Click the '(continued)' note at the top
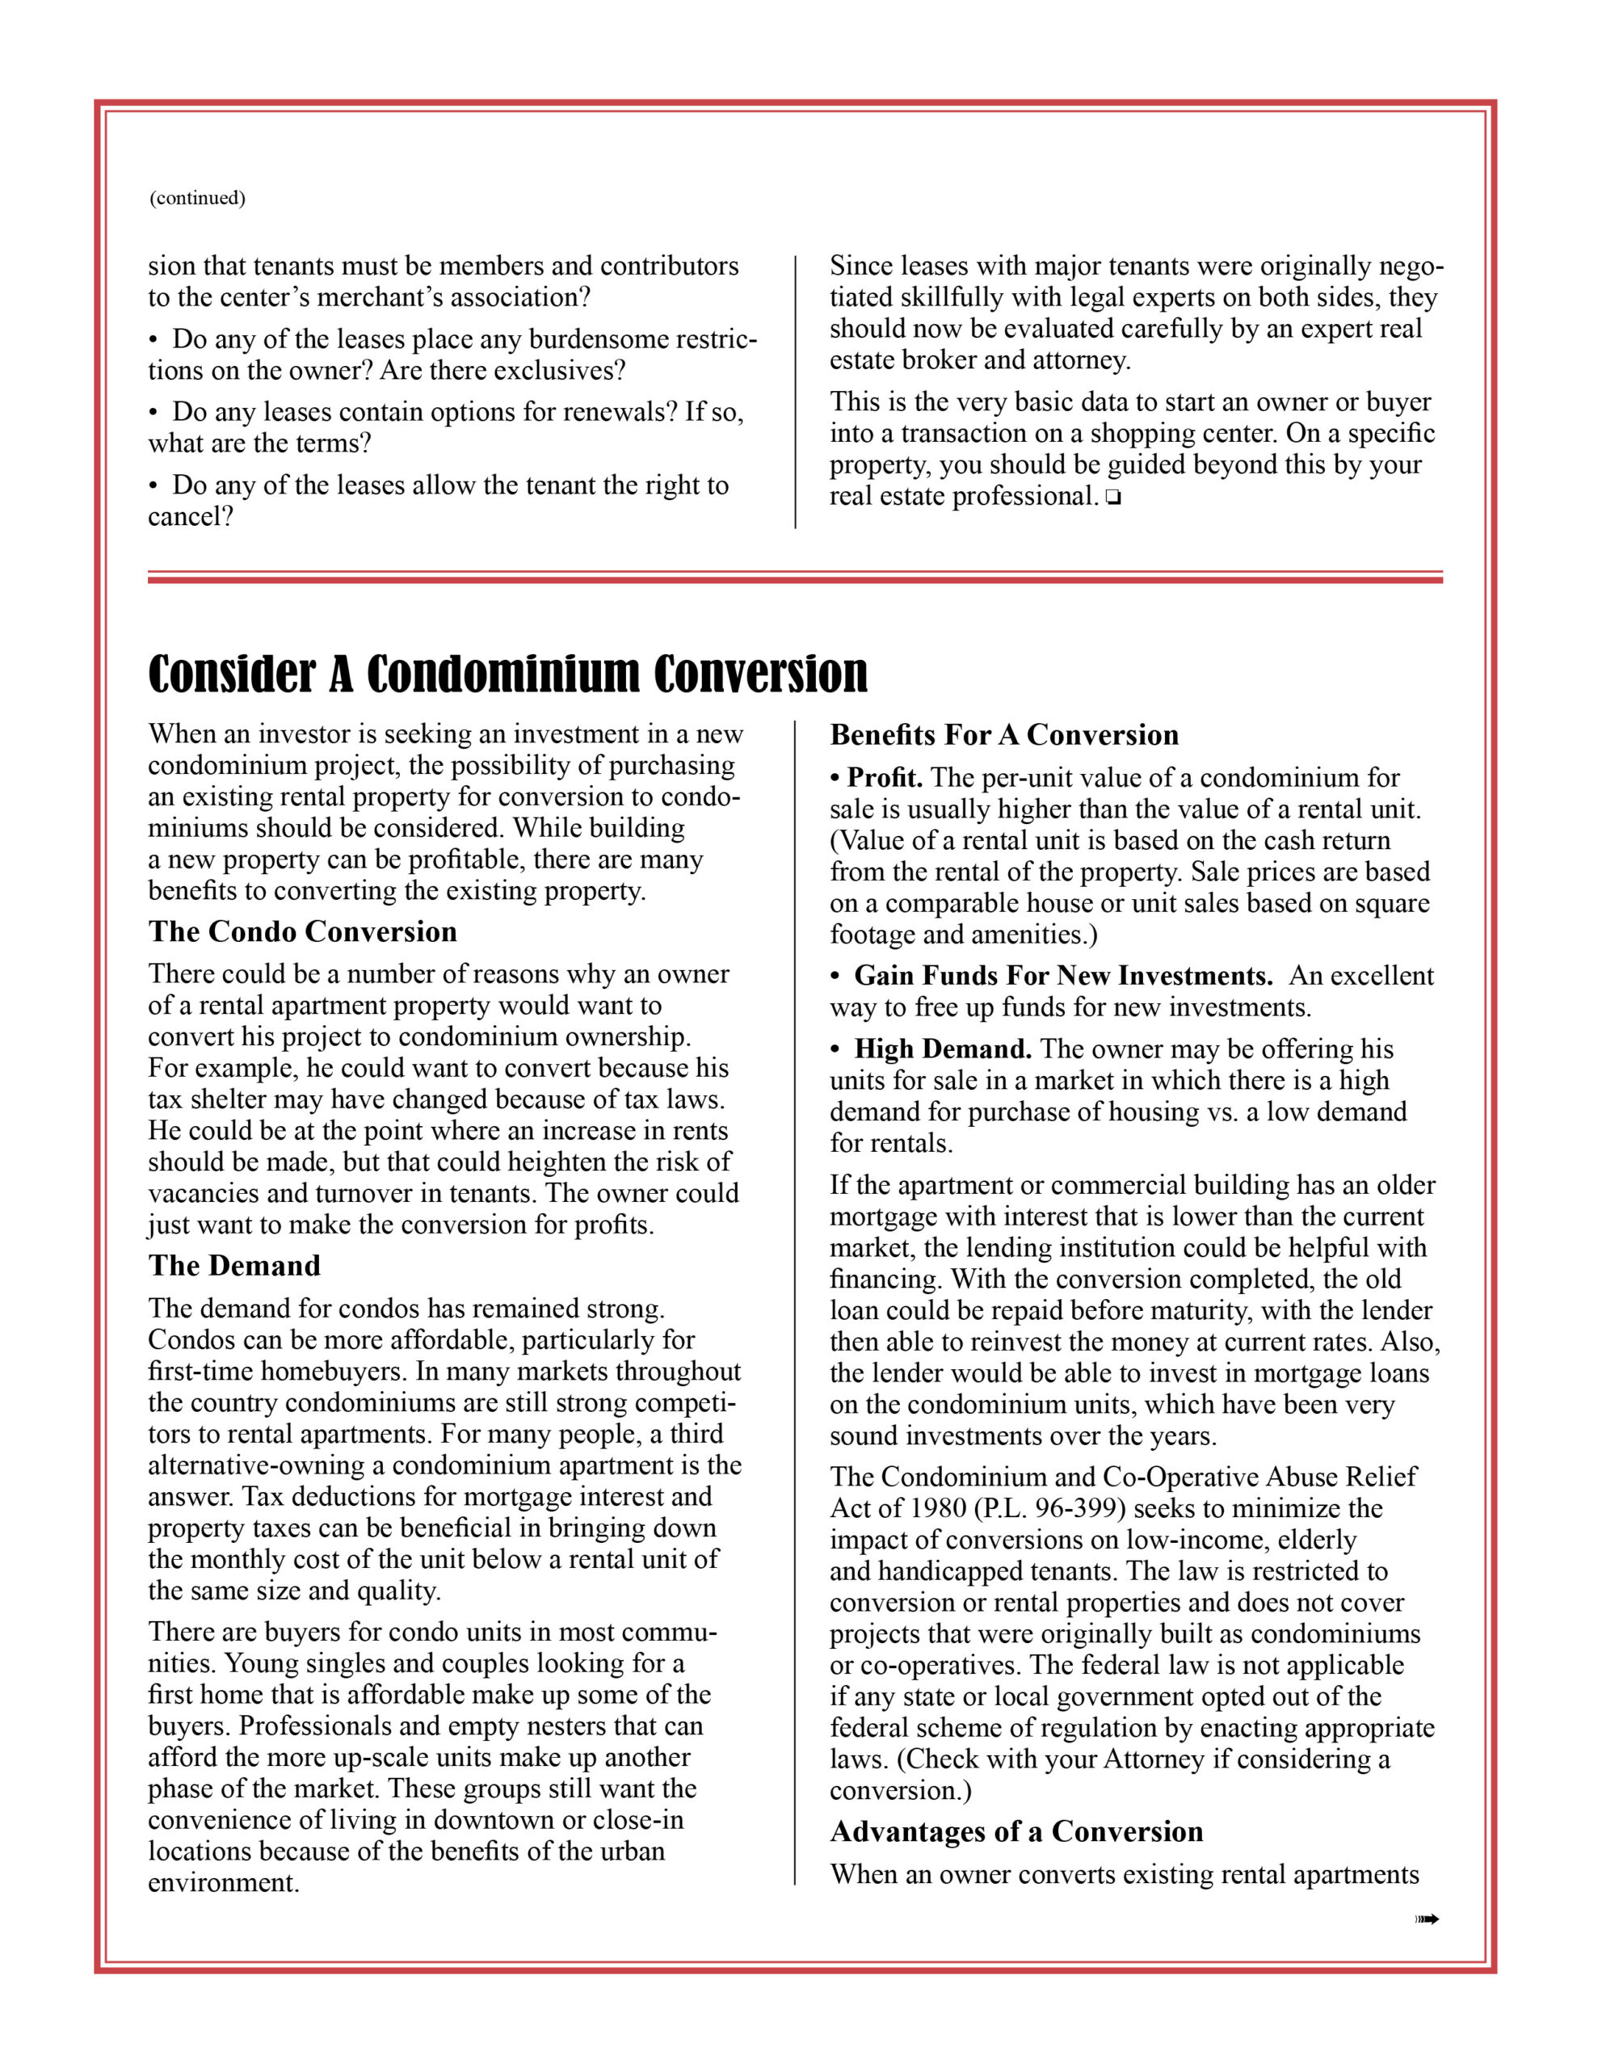click(x=197, y=198)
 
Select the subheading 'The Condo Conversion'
click(x=302, y=931)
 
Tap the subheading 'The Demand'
click(x=234, y=1266)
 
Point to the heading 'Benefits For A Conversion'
click(x=1004, y=735)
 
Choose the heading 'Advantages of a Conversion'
click(x=1016, y=1831)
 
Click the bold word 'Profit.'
click(x=885, y=779)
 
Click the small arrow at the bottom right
click(x=1427, y=1919)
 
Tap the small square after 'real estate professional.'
click(x=1112, y=498)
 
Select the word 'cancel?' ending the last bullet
click(x=191, y=516)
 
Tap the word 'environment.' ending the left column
click(x=224, y=1882)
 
